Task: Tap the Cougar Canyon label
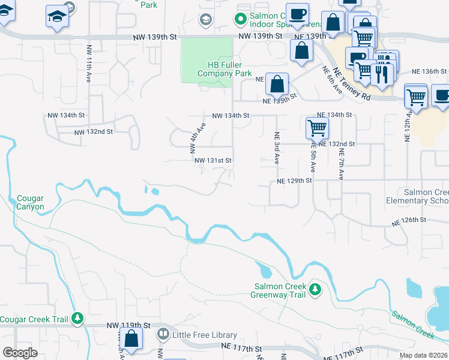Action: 30,202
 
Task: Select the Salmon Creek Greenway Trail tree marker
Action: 315,291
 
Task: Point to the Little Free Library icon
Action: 163,334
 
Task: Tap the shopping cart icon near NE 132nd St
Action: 316,127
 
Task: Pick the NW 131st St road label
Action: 212,160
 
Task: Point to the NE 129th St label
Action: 294,181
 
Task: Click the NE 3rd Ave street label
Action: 277,148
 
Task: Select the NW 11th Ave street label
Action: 89,64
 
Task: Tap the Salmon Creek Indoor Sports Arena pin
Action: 241,19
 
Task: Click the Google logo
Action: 20,353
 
